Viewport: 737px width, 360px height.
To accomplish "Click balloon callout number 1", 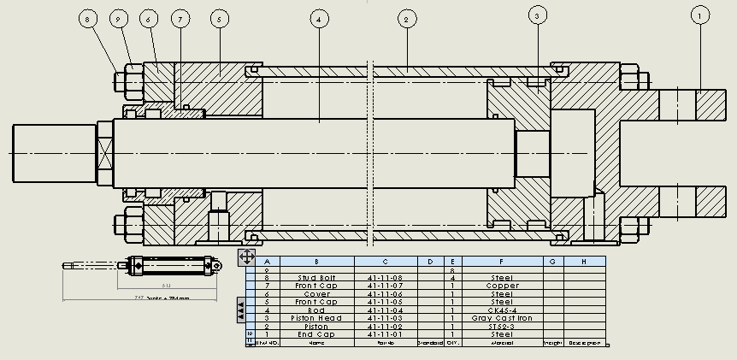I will (x=699, y=15).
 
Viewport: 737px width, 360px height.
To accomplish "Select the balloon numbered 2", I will (x=407, y=17).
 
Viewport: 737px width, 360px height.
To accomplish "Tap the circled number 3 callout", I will (x=537, y=15).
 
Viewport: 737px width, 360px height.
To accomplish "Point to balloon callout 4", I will (x=319, y=18).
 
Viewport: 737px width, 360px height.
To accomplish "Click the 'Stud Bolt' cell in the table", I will (x=316, y=278).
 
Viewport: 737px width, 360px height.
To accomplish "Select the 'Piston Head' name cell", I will (x=316, y=318).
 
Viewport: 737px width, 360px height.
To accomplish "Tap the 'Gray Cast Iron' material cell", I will (x=502, y=318).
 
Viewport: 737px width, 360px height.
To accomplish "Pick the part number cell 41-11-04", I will (x=385, y=310).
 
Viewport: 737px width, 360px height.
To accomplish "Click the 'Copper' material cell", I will (x=502, y=286).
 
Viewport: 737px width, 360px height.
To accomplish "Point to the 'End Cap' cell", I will (x=316, y=334).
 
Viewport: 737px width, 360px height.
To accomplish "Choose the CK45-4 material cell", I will (x=502, y=310).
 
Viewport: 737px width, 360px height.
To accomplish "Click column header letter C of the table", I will (x=385, y=262).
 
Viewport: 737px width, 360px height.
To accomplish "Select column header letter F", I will (x=502, y=262).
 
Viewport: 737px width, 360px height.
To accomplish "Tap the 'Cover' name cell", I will (x=316, y=294).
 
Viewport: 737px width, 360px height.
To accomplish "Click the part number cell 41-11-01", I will (x=385, y=334).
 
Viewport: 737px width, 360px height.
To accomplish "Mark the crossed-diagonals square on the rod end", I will (x=104, y=155).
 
